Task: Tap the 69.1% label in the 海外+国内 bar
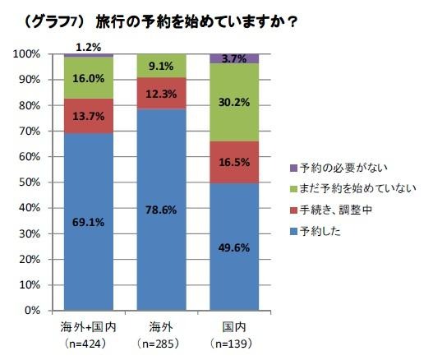coord(89,221)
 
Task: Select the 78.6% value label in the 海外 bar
coord(161,210)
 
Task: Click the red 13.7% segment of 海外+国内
coord(89,117)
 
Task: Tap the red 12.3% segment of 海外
coord(161,94)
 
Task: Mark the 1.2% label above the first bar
coord(89,47)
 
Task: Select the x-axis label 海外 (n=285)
coord(161,333)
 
